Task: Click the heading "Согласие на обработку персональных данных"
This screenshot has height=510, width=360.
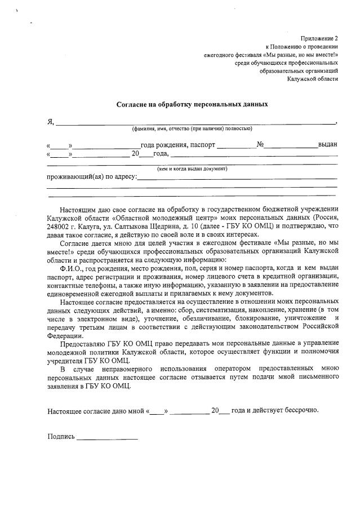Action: click(192, 104)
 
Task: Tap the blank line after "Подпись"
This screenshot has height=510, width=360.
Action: click(107, 437)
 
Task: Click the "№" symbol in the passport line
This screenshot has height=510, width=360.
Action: click(260, 144)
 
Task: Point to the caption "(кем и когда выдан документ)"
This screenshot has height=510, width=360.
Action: click(192, 168)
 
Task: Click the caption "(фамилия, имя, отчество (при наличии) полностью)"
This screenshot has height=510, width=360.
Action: click(192, 129)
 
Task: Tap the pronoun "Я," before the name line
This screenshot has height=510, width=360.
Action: click(50, 122)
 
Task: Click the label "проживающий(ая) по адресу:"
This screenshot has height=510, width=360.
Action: click(92, 176)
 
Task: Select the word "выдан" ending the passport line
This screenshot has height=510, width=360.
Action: click(327, 144)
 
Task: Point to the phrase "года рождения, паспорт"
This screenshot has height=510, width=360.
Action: click(178, 144)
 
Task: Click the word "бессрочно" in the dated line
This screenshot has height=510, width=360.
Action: click(301, 410)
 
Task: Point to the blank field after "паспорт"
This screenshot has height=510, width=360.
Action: click(235, 146)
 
